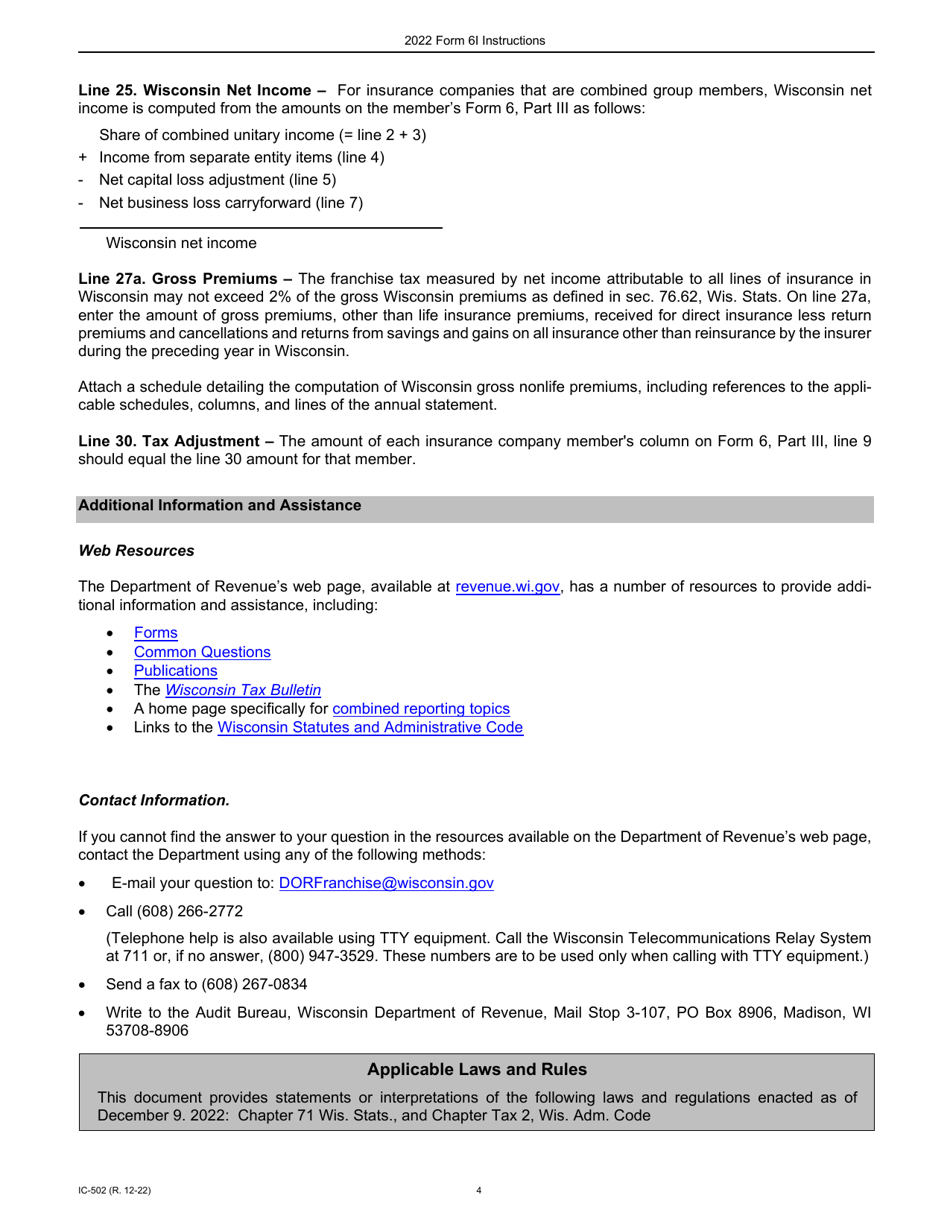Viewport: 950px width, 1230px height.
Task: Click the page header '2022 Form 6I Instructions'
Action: tap(475, 41)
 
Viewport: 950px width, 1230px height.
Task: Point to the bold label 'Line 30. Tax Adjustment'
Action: tap(176, 441)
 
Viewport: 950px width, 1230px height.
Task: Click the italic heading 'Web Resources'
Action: tap(136, 550)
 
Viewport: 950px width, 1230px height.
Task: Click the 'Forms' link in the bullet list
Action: tap(155, 632)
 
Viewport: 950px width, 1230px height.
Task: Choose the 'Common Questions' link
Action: tap(202, 652)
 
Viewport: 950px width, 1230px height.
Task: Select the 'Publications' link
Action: tap(175, 671)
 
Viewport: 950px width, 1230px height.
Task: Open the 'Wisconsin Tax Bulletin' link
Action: tap(243, 690)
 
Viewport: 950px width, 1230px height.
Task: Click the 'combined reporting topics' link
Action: tap(421, 709)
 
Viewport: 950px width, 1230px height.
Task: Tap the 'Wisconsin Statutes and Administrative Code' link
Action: tap(370, 728)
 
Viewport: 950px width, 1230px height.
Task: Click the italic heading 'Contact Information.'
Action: tap(154, 800)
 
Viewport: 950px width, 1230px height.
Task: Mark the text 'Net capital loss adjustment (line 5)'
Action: tap(217, 180)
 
